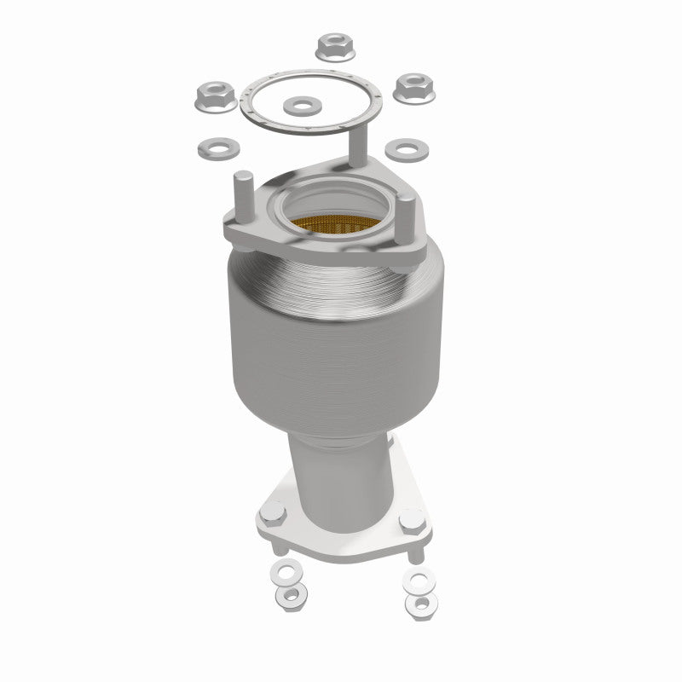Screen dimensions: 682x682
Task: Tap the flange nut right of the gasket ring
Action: pyautogui.click(x=414, y=87)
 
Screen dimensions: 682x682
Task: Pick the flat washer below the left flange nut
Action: pyautogui.click(x=213, y=149)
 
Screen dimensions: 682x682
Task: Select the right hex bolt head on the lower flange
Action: pyautogui.click(x=413, y=517)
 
